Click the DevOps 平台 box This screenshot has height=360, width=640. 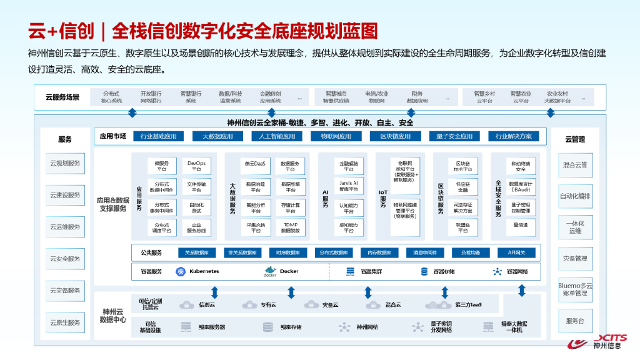(x=196, y=166)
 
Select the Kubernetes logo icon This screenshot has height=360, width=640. (x=181, y=271)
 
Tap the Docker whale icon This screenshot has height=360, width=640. (x=270, y=272)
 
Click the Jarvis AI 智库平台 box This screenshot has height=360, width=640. (x=349, y=186)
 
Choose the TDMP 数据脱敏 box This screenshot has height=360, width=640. (x=291, y=227)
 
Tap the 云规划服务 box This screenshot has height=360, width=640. (x=65, y=163)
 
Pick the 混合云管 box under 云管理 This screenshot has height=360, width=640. (x=575, y=165)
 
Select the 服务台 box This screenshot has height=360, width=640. (x=575, y=321)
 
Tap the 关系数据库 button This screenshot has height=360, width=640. (x=196, y=253)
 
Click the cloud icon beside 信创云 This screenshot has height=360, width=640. (x=186, y=305)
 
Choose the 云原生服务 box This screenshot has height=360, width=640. (x=65, y=322)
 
